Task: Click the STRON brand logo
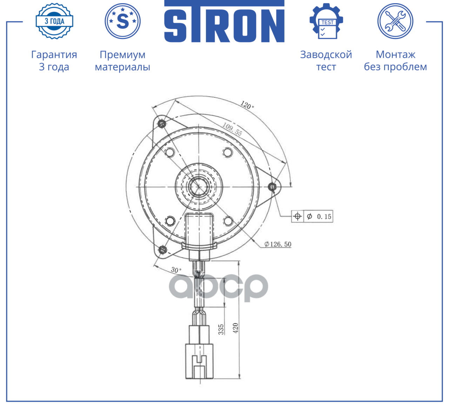coord(224,21)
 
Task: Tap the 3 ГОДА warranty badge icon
coord(54,21)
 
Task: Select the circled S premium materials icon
coord(123,21)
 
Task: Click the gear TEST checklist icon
coord(326,21)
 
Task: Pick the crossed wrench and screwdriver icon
coord(395,21)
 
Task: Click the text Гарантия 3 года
coord(54,61)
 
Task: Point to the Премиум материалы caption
coord(122,61)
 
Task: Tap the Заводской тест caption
coord(326,61)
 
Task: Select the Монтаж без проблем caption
coord(395,61)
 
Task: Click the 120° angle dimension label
coord(247,105)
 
